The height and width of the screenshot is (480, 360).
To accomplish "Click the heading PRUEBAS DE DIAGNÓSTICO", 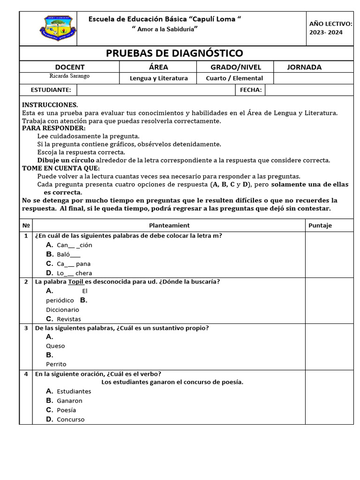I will click(174, 53).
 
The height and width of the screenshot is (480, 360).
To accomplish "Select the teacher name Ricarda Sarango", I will click(69, 76).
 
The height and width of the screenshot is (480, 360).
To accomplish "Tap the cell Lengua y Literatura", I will click(159, 78).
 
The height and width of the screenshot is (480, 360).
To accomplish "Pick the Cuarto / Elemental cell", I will click(234, 78).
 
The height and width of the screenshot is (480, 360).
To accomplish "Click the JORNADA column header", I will click(304, 67).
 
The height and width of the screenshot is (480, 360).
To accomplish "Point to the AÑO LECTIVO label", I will click(330, 24).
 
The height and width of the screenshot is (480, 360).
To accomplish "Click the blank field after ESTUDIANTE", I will click(156, 90).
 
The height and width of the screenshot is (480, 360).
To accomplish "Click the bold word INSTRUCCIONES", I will click(50, 105).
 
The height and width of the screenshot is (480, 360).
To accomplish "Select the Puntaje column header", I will click(320, 225).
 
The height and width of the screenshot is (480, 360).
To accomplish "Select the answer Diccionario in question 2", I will click(62, 309).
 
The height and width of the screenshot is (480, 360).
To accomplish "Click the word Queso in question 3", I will click(55, 346).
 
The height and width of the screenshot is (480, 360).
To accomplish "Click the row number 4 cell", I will click(26, 374).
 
